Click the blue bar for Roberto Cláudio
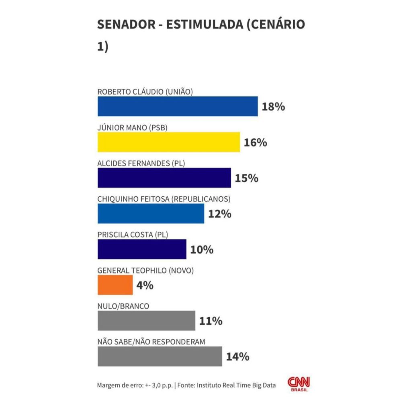177,107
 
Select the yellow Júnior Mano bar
168,142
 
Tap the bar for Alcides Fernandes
164,178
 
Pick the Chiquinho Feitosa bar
151,214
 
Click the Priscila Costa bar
142,249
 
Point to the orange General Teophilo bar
115,285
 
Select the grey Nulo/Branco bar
146,321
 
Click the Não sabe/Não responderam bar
160,356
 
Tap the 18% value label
273,107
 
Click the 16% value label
255,142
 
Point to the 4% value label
145,286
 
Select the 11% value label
211,321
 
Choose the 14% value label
237,357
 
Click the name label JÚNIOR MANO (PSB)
132,128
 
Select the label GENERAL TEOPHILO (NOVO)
145,271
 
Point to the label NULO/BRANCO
123,306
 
